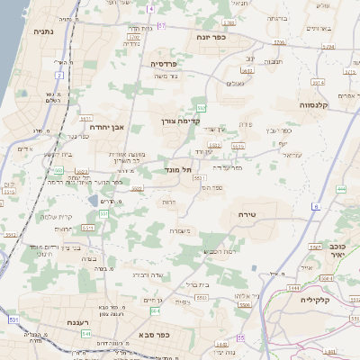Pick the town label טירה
click(248, 214)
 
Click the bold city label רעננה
click(78, 321)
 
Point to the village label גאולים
click(235, 83)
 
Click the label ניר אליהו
click(247, 296)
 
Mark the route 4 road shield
click(151, 8)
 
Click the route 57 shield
click(161, 26)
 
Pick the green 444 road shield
click(339, 189)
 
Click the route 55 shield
click(241, 337)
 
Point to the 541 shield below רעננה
click(85, 334)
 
